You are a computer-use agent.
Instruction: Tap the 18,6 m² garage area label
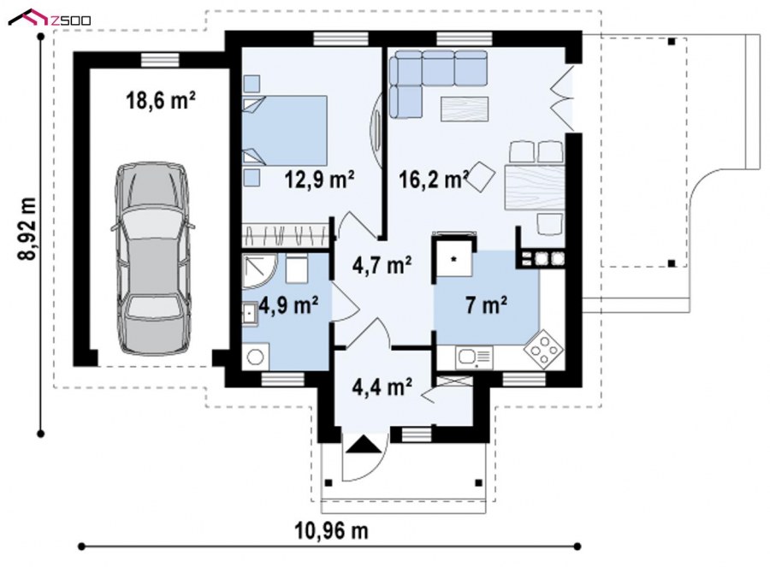click(x=161, y=101)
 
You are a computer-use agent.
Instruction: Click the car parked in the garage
click(x=152, y=258)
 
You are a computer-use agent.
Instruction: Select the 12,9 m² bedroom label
click(x=320, y=180)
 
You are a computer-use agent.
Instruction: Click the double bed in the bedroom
click(x=285, y=131)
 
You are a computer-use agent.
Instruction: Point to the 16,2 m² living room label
click(x=433, y=180)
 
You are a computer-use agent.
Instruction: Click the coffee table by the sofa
click(x=465, y=109)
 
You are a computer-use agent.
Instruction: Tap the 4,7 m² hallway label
click(x=382, y=266)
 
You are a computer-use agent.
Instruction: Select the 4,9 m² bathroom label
click(x=288, y=305)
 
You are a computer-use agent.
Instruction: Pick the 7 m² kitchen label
click(x=486, y=305)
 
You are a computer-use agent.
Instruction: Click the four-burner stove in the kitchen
click(x=543, y=350)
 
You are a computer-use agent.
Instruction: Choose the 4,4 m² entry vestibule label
click(x=382, y=386)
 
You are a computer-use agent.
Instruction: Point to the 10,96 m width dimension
click(x=332, y=531)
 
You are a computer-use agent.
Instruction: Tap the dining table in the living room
click(x=535, y=188)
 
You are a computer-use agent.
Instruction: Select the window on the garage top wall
click(x=160, y=59)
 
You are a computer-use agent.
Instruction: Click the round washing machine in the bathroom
click(x=255, y=357)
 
